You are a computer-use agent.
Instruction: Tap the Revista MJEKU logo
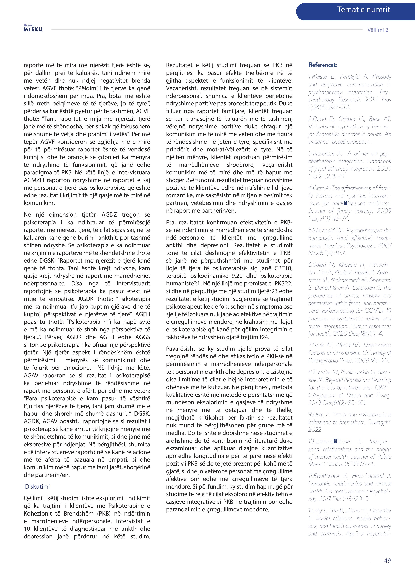pos(33,28)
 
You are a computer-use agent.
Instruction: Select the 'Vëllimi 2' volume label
pos(378,30)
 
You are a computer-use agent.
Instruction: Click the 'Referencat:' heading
pos(323,65)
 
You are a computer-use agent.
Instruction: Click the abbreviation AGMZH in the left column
pos(34,180)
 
